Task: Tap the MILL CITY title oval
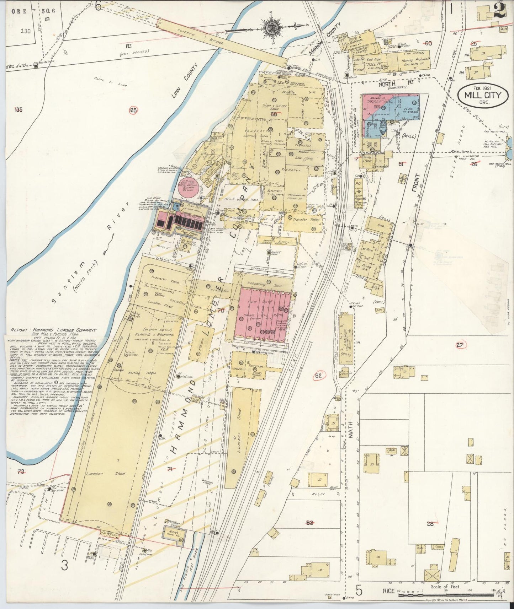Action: tap(483, 95)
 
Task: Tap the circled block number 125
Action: tap(133, 111)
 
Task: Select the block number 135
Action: tap(18, 109)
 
